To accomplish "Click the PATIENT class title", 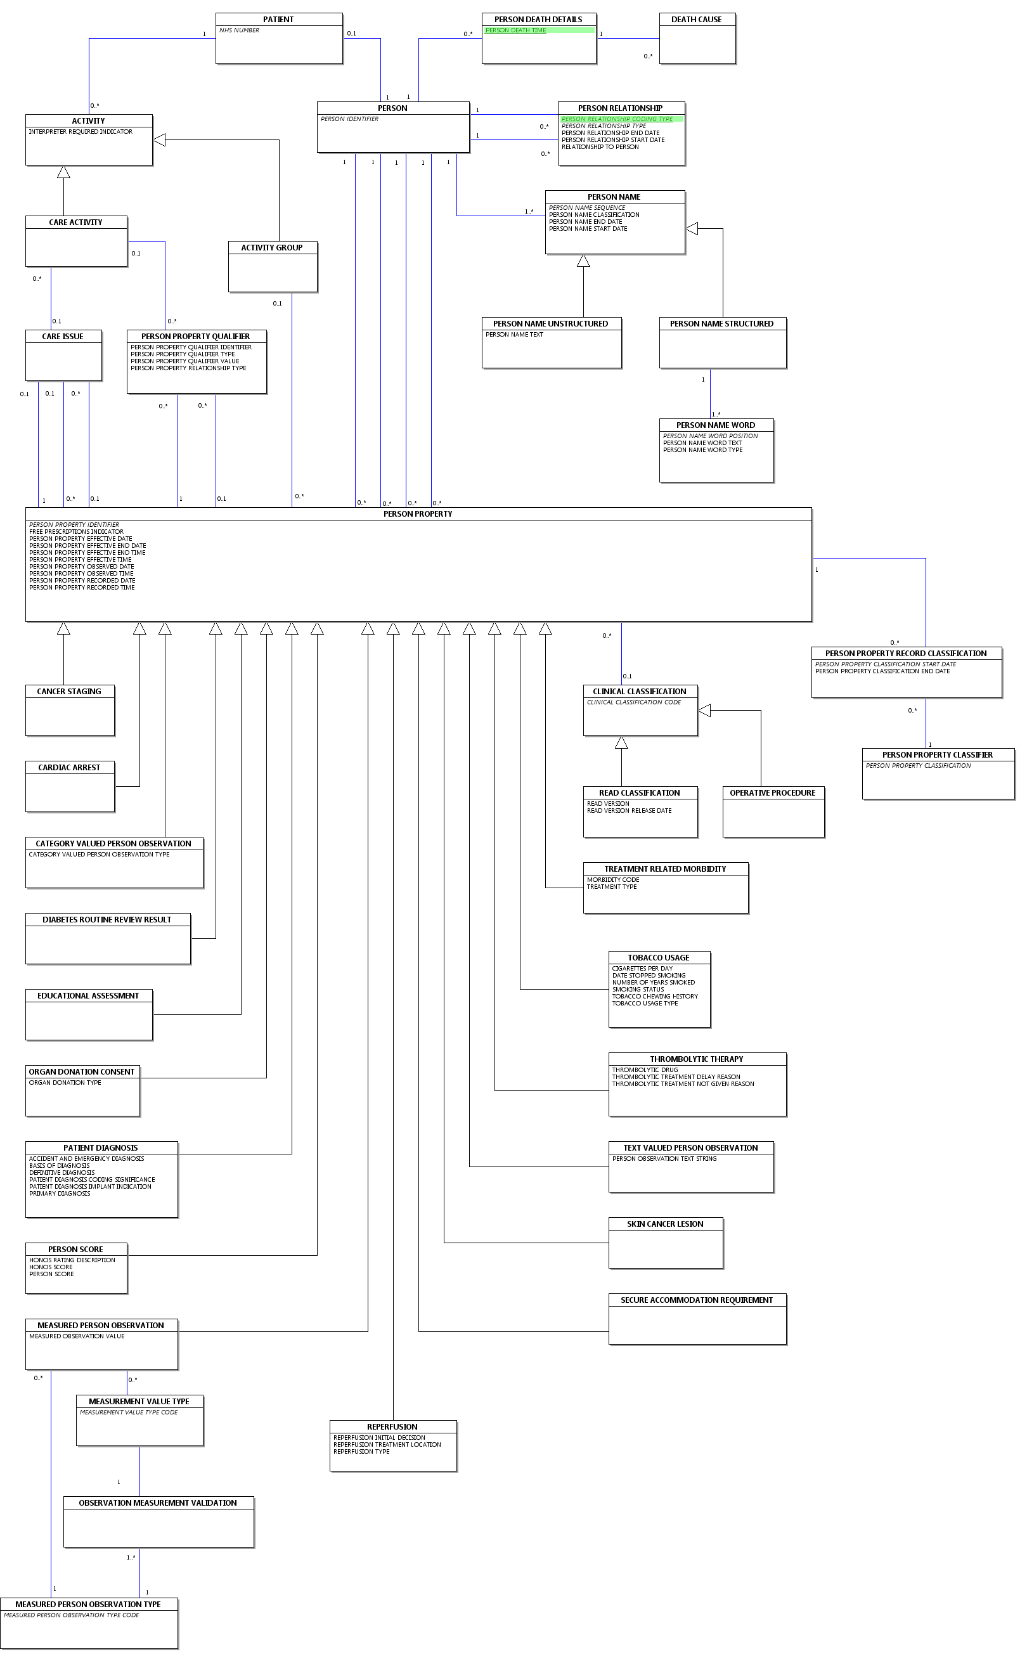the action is tap(278, 20).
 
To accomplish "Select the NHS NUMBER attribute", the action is tap(239, 30).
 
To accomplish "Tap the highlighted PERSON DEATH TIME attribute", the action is tap(515, 30).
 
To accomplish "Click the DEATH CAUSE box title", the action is tap(696, 20).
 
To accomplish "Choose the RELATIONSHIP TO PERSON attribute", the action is tap(600, 147).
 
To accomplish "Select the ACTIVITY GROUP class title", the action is tap(272, 248).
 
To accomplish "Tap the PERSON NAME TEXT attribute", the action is tap(514, 335).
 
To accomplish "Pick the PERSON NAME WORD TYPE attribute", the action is tap(702, 450).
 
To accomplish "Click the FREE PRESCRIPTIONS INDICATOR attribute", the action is tap(76, 533).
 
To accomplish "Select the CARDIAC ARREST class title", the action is tap(69, 768).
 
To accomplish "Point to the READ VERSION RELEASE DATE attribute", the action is tap(629, 811).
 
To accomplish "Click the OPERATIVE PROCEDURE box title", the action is tap(772, 793).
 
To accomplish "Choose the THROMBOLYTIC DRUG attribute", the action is tap(645, 1070).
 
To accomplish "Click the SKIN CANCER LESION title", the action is tap(665, 1224).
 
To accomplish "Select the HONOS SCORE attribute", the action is tap(51, 1267).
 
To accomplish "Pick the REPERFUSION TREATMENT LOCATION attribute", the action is tap(387, 1445).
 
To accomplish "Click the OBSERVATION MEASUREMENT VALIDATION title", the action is tap(158, 1503).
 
